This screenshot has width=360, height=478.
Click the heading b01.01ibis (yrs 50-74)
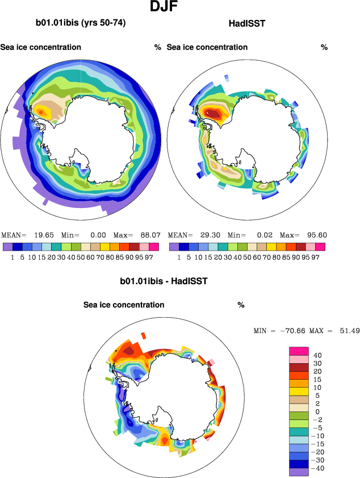coord(81,23)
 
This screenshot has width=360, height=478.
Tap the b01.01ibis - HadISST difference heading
coord(164,281)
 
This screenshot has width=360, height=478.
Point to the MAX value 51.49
coord(346,330)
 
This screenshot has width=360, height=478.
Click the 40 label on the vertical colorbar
coord(318,355)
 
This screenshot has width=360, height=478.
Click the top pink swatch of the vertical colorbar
coord(299,351)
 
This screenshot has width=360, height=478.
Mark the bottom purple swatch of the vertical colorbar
coord(299,472)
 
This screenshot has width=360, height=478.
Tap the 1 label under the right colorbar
coord(179,257)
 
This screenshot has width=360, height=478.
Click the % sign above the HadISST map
coord(324,47)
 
